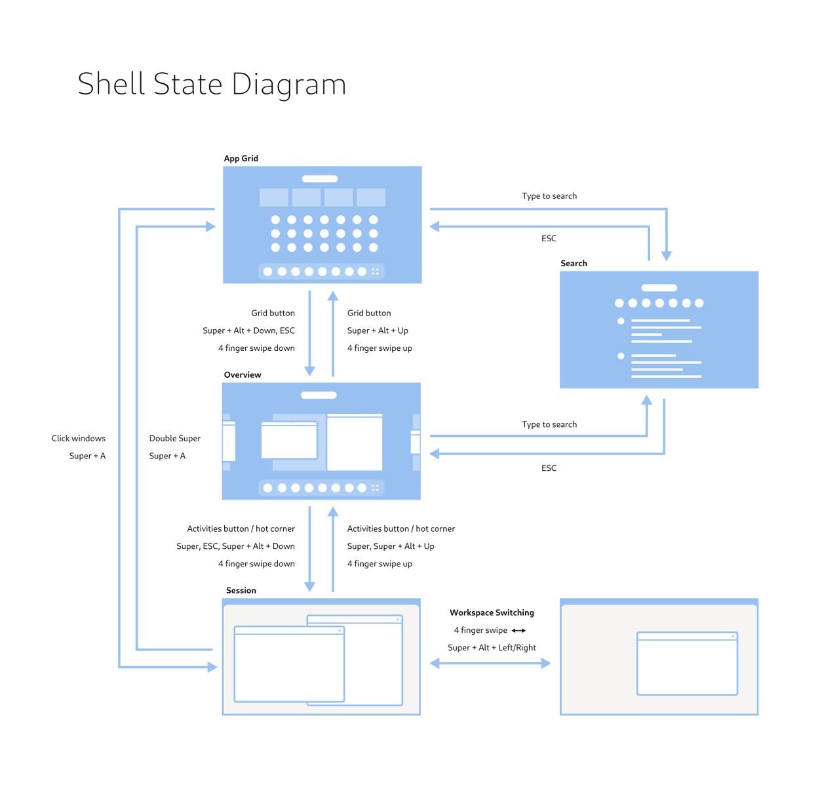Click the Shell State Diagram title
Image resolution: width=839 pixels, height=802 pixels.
(212, 84)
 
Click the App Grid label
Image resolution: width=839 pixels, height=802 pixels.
(241, 158)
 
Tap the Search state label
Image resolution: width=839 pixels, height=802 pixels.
(574, 263)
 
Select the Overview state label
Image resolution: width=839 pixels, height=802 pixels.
(243, 374)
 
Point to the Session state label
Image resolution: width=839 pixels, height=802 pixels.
(241, 590)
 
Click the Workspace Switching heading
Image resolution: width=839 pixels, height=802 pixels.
(492, 612)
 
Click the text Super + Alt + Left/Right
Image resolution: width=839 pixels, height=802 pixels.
(492, 647)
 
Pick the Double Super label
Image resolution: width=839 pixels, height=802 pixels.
(174, 438)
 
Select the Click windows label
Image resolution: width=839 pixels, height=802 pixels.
(78, 438)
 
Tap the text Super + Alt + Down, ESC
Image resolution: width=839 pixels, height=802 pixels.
(248, 331)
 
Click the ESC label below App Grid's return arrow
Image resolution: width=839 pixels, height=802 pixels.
(549, 238)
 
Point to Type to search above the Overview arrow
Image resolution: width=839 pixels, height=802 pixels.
(549, 424)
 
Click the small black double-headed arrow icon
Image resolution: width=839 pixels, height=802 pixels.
(518, 630)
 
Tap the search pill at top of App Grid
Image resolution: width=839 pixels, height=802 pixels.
(319, 178)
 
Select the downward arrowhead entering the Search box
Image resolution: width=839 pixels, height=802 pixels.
(667, 256)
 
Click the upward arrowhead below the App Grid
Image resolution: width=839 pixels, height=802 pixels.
(333, 296)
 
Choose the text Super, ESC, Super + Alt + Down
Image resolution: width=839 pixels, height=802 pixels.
(235, 546)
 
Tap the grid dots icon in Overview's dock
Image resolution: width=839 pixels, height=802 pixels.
(376, 488)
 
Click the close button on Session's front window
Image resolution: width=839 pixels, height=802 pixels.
(340, 630)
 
